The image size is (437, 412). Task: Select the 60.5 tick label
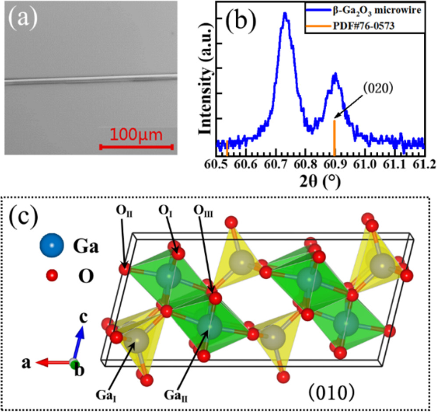click(x=216, y=164)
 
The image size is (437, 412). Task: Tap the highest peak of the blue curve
click(x=285, y=13)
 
